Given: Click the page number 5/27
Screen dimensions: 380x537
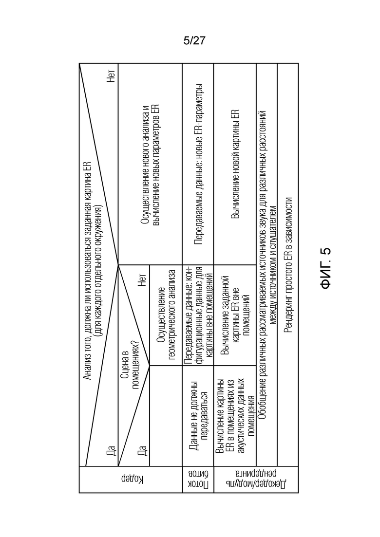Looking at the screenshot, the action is [x=194, y=41].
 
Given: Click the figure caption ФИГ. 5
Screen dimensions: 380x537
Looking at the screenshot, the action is [x=325, y=268].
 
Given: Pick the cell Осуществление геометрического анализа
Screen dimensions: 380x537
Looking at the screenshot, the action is [x=167, y=315].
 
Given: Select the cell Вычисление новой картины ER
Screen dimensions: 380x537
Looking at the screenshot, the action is [x=235, y=165].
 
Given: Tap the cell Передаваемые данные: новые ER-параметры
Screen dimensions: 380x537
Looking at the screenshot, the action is [x=199, y=165].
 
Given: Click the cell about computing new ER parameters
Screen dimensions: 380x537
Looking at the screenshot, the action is [x=150, y=165].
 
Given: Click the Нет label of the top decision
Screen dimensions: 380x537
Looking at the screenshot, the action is [x=111, y=75].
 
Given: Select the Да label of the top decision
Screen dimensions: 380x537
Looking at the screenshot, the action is [x=111, y=450].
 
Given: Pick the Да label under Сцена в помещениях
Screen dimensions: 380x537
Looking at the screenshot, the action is [x=142, y=450].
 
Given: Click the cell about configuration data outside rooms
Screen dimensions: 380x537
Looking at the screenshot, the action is [x=198, y=315].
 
